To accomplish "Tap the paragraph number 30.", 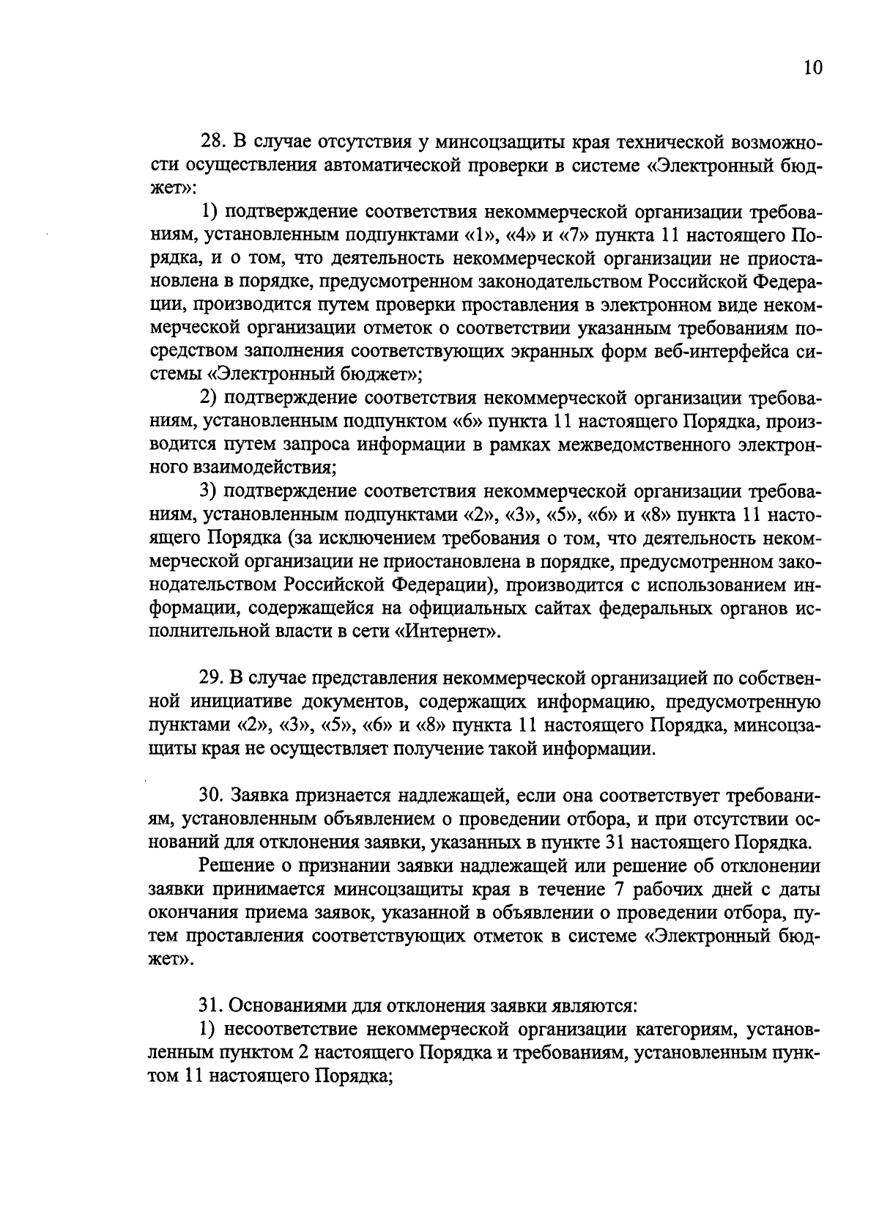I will [x=212, y=796].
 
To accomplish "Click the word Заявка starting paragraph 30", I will [x=264, y=796].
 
